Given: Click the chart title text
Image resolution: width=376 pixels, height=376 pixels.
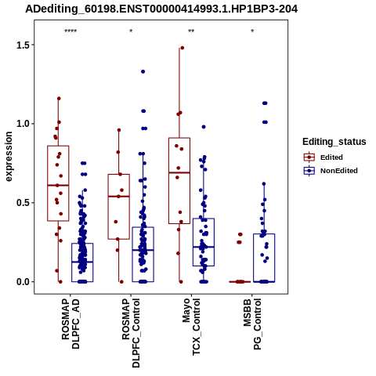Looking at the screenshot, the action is pos(161,9).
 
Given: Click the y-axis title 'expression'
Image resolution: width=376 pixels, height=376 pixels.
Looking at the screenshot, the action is pos(9,157).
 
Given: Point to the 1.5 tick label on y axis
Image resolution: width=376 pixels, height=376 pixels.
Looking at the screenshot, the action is pos(22,45).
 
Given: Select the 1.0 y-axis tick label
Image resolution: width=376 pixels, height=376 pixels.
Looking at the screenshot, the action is pos(22,124).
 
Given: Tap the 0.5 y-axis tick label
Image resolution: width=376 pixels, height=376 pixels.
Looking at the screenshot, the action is pos(22,203).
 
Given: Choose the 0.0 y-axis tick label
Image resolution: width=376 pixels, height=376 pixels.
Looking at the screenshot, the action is pos(22,282).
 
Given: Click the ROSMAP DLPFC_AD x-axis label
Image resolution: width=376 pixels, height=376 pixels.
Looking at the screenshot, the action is pos(70,324).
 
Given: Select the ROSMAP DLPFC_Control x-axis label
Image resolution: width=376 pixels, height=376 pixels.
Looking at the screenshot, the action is pos(131,333).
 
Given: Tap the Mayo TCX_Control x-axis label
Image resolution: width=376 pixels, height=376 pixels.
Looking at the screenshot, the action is pos(192,327).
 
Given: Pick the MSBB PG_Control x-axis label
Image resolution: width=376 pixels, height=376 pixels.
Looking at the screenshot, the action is pos(252,324).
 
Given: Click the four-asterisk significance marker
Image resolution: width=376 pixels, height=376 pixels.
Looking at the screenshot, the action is pos(70,31).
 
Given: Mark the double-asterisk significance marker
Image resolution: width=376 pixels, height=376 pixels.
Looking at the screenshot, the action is pos(191,31).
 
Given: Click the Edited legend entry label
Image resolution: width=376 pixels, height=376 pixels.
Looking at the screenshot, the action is pos(331,157).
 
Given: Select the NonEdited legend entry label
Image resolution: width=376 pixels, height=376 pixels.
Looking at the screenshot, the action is pos(339,171).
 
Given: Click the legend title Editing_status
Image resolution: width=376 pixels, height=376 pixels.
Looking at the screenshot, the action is pos(334,142).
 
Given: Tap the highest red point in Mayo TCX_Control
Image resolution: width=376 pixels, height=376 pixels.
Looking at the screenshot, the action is pos(183,48).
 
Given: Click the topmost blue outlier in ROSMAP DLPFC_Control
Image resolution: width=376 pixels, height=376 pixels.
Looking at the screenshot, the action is pos(143,71).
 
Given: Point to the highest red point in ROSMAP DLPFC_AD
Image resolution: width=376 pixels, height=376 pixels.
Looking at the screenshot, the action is pos(59,99).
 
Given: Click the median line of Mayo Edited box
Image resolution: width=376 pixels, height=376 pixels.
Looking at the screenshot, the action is pos(179,172).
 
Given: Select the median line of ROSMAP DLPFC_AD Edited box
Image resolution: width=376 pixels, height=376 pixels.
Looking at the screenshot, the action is pos(58,186).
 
